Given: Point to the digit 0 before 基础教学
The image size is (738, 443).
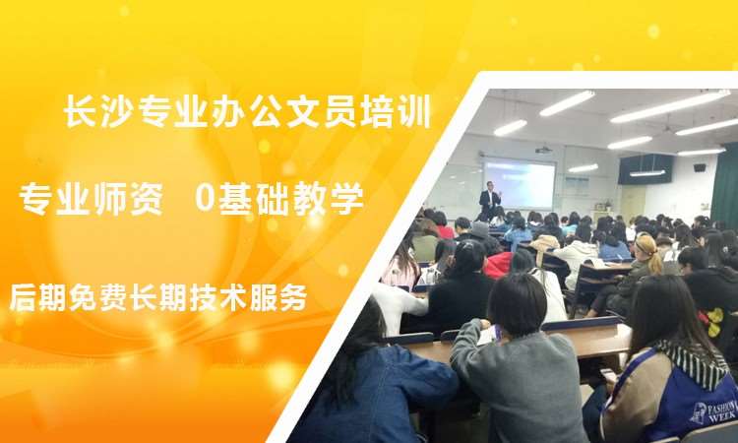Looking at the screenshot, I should pyautogui.click(x=205, y=200).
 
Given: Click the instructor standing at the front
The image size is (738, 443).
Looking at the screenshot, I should pyautogui.click(x=490, y=200).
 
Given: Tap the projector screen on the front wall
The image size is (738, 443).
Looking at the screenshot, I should pyautogui.click(x=519, y=184).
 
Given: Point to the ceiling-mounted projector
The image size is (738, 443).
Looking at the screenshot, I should pyautogui.click(x=543, y=150).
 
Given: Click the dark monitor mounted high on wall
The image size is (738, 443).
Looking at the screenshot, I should pyautogui.click(x=646, y=168).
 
